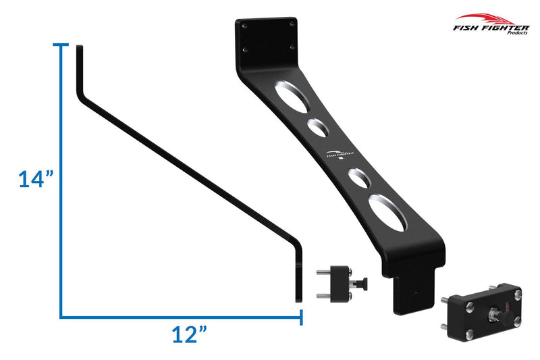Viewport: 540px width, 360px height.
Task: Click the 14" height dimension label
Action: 36,180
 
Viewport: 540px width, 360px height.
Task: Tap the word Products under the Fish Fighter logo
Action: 517,32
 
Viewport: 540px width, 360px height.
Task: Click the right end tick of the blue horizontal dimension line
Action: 301,316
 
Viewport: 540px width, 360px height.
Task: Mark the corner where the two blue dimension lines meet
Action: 62,316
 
